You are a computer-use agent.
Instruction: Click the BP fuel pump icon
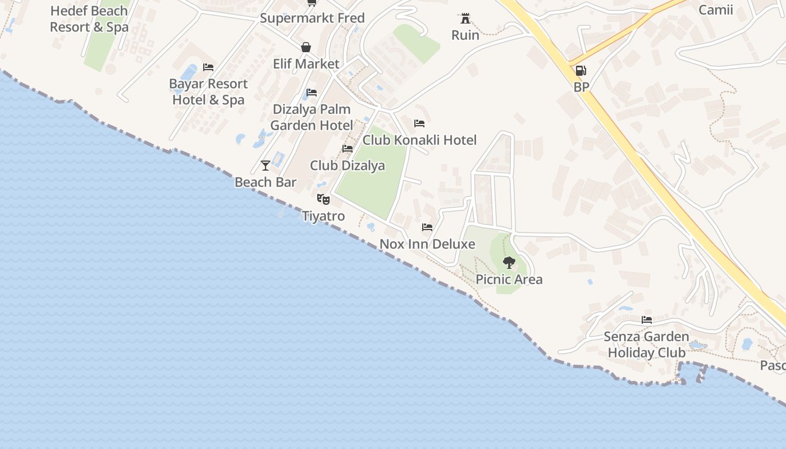click(581, 71)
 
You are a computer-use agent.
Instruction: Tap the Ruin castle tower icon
click(465, 19)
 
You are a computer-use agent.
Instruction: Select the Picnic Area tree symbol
click(509, 262)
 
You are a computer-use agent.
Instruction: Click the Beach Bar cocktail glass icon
click(266, 165)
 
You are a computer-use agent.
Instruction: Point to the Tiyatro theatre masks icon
click(323, 199)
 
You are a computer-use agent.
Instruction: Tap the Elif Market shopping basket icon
click(306, 47)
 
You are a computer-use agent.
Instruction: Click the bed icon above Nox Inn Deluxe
click(427, 227)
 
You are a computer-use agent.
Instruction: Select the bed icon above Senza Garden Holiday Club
click(647, 320)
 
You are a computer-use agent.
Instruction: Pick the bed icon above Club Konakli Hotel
click(419, 123)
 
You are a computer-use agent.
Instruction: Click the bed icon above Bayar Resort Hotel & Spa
click(208, 67)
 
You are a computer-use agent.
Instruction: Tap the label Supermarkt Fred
click(312, 18)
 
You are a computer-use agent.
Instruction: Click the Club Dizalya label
click(348, 166)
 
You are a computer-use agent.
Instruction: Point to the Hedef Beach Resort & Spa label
click(89, 19)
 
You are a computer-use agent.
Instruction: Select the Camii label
click(715, 10)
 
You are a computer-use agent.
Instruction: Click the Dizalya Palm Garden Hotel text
click(312, 117)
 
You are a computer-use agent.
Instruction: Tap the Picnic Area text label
click(509, 280)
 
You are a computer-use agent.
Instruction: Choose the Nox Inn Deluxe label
click(427, 244)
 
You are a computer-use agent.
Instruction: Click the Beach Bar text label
click(266, 182)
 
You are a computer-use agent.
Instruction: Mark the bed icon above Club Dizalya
click(348, 149)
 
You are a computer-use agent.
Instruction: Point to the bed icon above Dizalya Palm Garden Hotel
click(312, 93)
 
